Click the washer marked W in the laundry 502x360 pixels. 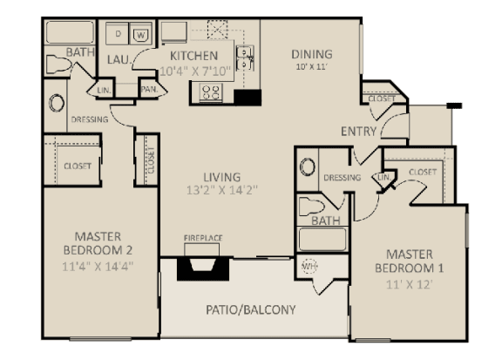[141, 34]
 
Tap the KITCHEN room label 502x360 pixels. [193, 56]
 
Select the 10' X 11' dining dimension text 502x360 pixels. [311, 67]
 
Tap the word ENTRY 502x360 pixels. [359, 132]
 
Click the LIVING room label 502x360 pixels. [216, 173]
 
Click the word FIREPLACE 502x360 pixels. [201, 236]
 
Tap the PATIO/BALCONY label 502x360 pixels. [251, 309]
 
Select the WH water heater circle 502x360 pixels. [309, 267]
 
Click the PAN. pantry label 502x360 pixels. [148, 89]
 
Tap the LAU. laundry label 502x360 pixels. [118, 59]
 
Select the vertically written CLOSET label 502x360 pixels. [151, 160]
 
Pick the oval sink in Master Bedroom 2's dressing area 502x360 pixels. [58, 104]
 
